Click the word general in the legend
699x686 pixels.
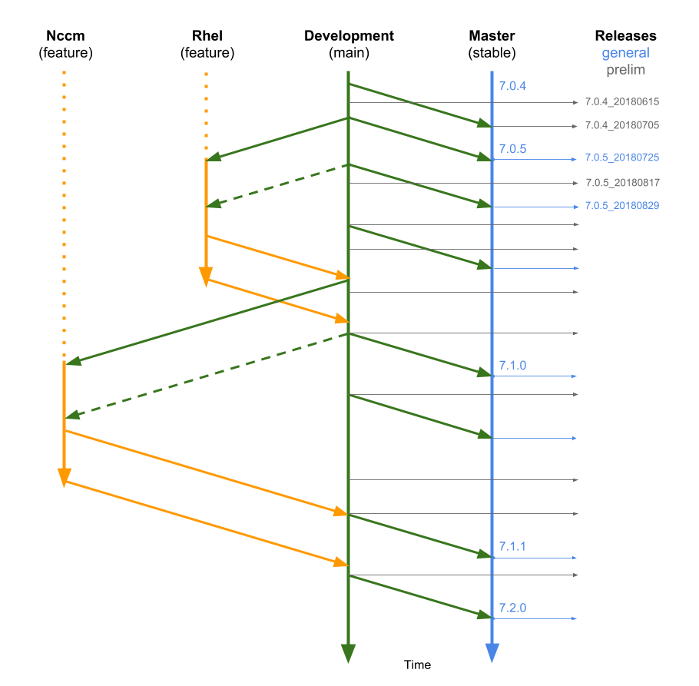(625, 53)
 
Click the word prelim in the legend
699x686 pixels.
(625, 70)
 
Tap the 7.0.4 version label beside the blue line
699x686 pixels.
(512, 86)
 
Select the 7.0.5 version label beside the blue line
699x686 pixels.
(512, 149)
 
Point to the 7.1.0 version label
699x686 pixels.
(512, 365)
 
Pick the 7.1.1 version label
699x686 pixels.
(512, 547)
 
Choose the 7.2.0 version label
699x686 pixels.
(512, 608)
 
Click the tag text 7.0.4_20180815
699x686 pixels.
(622, 101)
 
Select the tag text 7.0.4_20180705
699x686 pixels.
(622, 125)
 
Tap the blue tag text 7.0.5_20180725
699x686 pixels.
(622, 157)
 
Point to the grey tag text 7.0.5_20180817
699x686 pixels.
(622, 183)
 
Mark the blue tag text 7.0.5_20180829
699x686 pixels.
(622, 206)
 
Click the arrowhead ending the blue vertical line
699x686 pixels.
(492, 653)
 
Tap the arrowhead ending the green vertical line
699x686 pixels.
(348, 653)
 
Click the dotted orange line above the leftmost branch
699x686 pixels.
(64, 215)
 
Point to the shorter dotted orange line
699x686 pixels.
(206, 115)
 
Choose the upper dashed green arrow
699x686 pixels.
(278, 185)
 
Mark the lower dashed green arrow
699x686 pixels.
(207, 375)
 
